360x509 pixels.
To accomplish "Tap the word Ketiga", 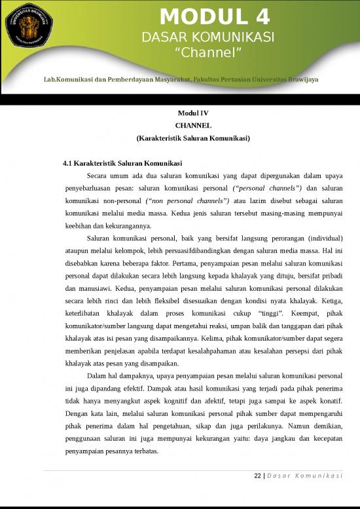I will pyautogui.click(x=331, y=300).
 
